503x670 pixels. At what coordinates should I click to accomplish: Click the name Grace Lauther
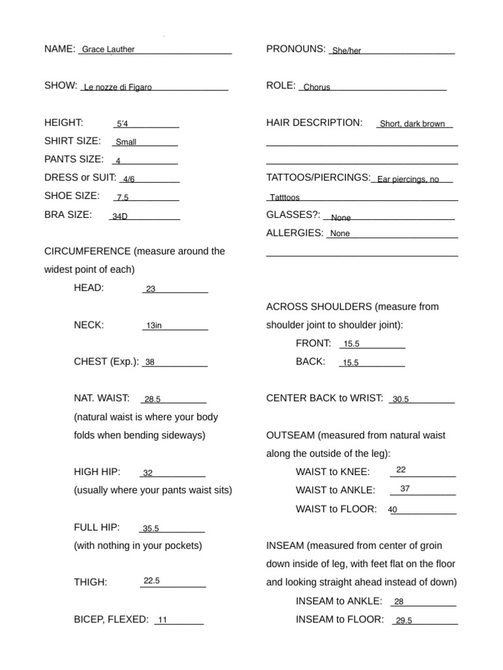tap(108, 50)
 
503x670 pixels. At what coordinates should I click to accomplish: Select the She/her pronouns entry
tap(346, 51)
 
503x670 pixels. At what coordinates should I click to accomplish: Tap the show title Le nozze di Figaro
tap(118, 87)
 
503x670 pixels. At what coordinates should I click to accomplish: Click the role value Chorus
tap(317, 87)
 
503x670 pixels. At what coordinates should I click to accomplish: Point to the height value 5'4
tap(122, 124)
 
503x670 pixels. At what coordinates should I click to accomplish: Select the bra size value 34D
tap(120, 217)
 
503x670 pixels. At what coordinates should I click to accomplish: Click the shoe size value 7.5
tap(122, 198)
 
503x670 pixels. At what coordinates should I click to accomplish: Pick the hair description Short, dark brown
tap(412, 124)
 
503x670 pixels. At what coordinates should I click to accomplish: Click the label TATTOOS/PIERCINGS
tap(318, 177)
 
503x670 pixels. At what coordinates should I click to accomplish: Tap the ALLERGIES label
tap(295, 232)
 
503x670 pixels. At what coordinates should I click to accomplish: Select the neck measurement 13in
tap(154, 325)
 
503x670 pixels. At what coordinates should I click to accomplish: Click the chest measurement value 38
tap(150, 362)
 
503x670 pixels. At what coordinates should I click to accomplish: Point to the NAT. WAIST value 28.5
tap(153, 399)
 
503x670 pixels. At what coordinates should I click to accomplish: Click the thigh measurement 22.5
tap(151, 580)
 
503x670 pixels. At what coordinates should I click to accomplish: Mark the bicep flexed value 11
tap(163, 620)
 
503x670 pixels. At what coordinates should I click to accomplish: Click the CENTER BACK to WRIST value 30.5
tap(400, 399)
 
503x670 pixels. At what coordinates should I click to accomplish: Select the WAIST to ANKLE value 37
tap(405, 488)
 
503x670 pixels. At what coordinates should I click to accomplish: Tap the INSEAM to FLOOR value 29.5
tap(403, 621)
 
